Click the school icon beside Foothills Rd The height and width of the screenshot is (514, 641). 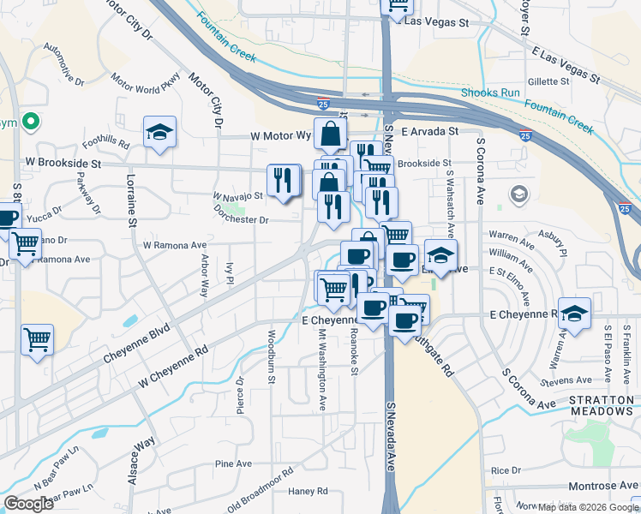[x=159, y=133]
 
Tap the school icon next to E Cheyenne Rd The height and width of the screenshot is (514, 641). [x=574, y=314]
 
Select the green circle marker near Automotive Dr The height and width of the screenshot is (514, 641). [x=30, y=123]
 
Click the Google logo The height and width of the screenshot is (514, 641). [x=29, y=504]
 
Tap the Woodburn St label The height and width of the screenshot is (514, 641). [x=271, y=357]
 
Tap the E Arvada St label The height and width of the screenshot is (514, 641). [x=428, y=132]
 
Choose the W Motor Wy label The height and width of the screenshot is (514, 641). [x=280, y=135]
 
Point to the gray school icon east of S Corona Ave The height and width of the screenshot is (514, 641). [x=518, y=195]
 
